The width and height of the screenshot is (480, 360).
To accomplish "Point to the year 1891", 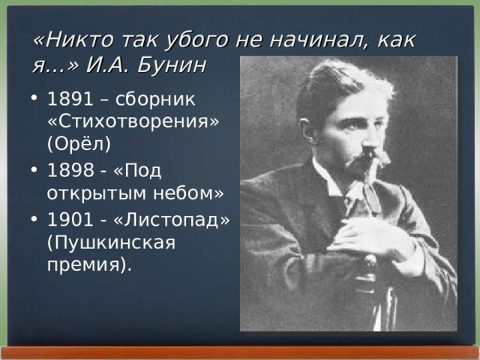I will [68, 100].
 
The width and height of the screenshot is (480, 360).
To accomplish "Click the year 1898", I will [68, 171].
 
